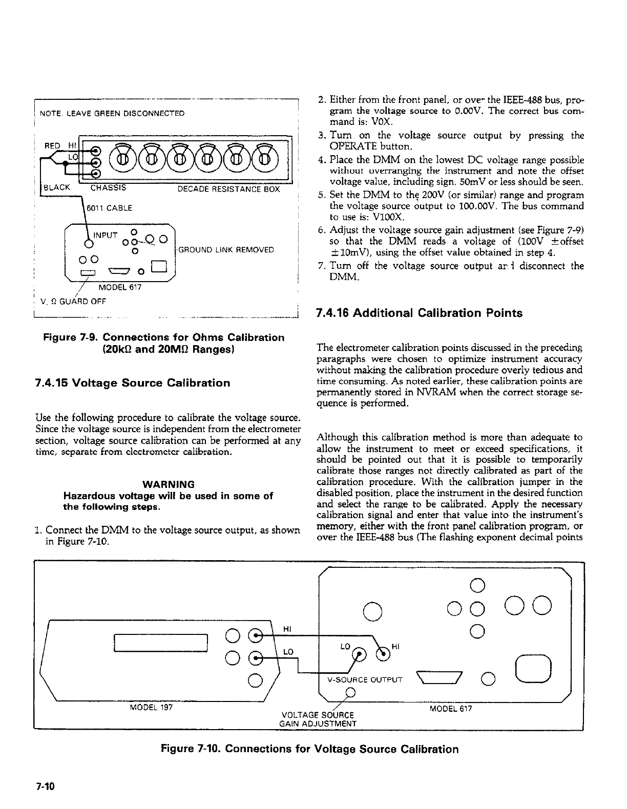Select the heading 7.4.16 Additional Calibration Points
tap(419, 313)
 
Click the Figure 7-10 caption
tap(309, 749)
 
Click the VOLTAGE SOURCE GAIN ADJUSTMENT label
tap(318, 719)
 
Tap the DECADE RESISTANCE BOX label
tap(228, 189)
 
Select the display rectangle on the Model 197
tap(160, 643)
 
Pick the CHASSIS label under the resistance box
tap(108, 188)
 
